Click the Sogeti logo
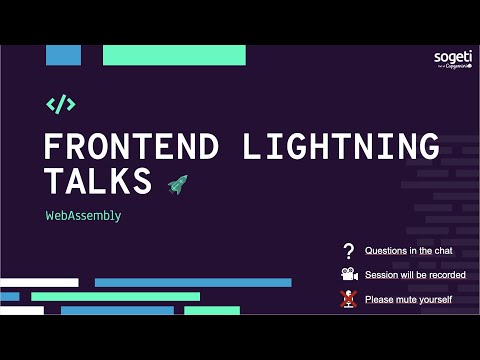[453, 61]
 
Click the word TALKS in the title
[97, 182]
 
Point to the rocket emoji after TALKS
[177, 183]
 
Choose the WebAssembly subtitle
[83, 215]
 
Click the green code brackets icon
[61, 104]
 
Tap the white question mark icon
[348, 251]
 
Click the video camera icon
[348, 275]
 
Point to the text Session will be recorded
[415, 275]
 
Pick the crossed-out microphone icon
[348, 298]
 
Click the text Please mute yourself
[408, 299]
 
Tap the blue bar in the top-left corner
[63, 55]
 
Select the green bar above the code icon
[174, 55]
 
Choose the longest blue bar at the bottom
[193, 283]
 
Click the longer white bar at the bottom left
[39, 283]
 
